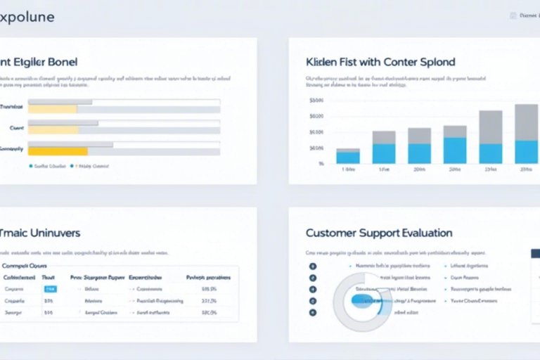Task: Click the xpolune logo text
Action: [x=27, y=17]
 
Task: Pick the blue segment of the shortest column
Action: [x=348, y=157]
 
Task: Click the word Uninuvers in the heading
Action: [x=51, y=233]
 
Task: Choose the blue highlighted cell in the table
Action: [x=51, y=289]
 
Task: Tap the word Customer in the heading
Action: [x=333, y=233]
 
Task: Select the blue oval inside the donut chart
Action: [x=366, y=301]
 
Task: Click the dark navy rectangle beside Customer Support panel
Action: [x=535, y=253]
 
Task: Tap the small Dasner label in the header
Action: [x=528, y=15]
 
